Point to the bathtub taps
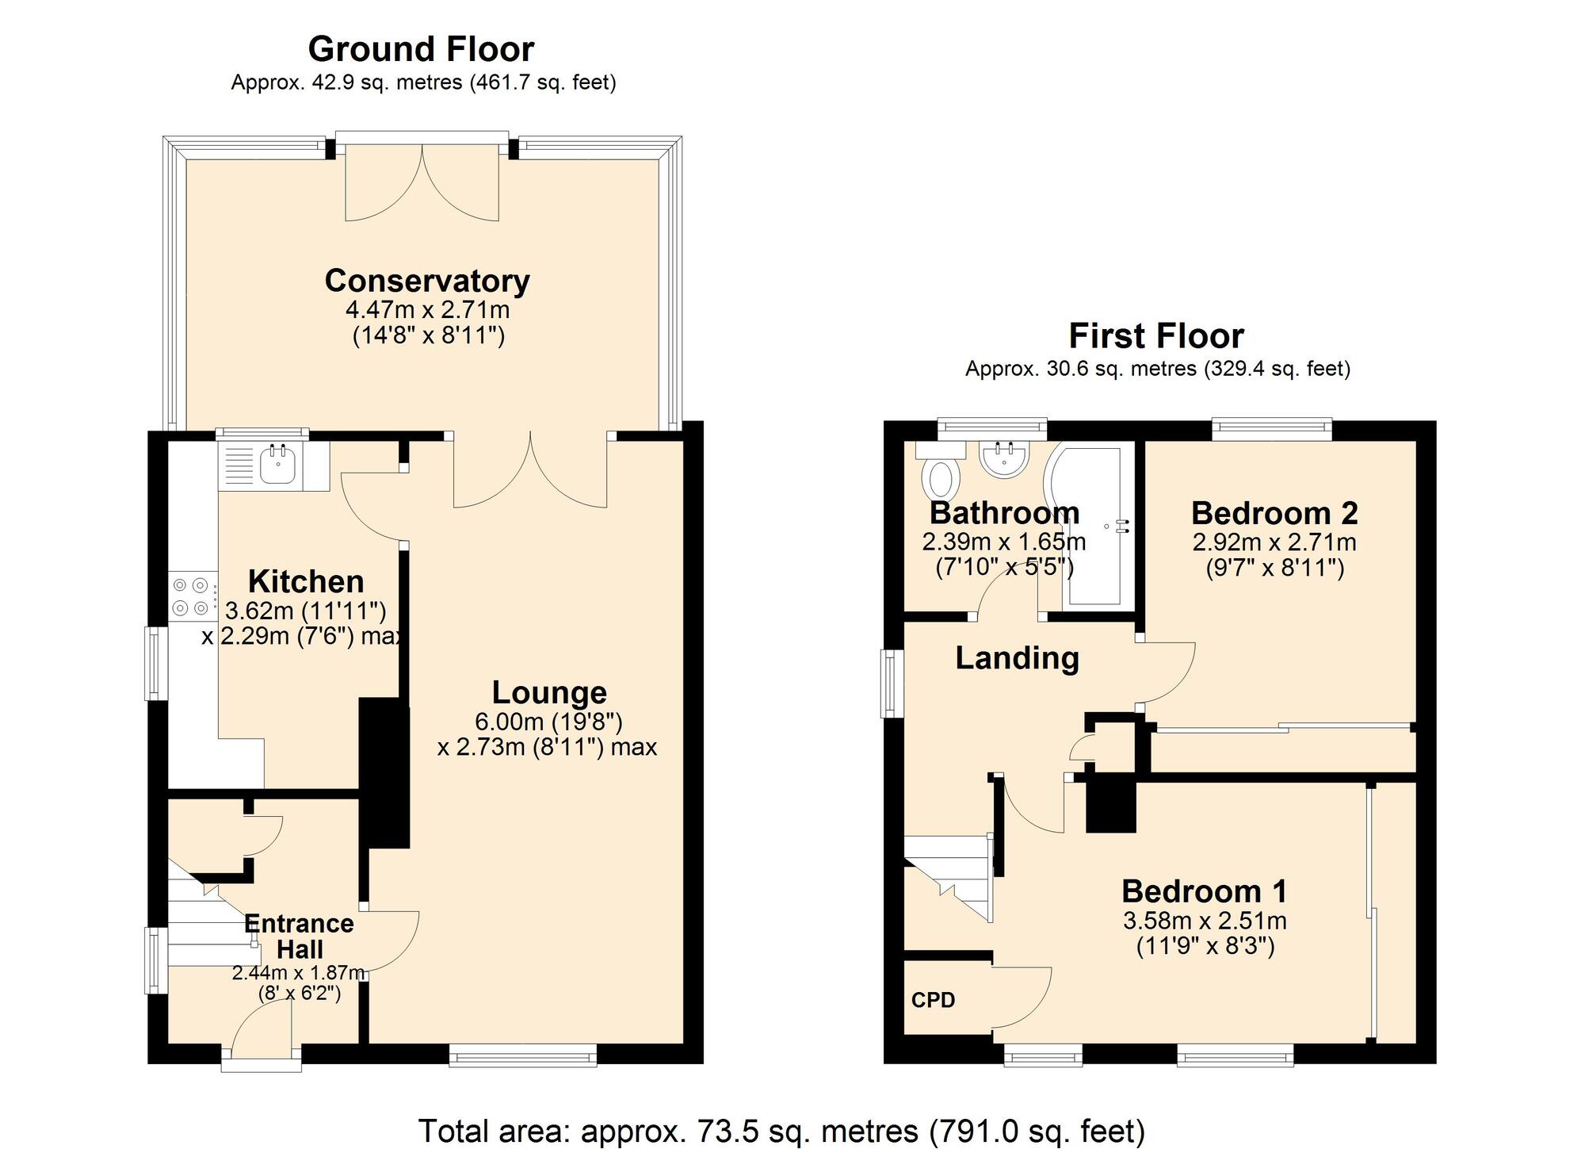click(1121, 526)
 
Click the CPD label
click(933, 1000)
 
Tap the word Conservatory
click(427, 281)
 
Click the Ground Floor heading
click(421, 49)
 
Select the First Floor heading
click(1155, 336)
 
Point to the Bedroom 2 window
click(1271, 429)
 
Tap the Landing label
click(1017, 658)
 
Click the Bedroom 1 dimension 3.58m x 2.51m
click(1204, 921)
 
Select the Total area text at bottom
click(781, 1130)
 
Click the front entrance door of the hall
click(262, 1031)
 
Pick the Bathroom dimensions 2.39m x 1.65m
click(1003, 542)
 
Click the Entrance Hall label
click(299, 936)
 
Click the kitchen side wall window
click(156, 663)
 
